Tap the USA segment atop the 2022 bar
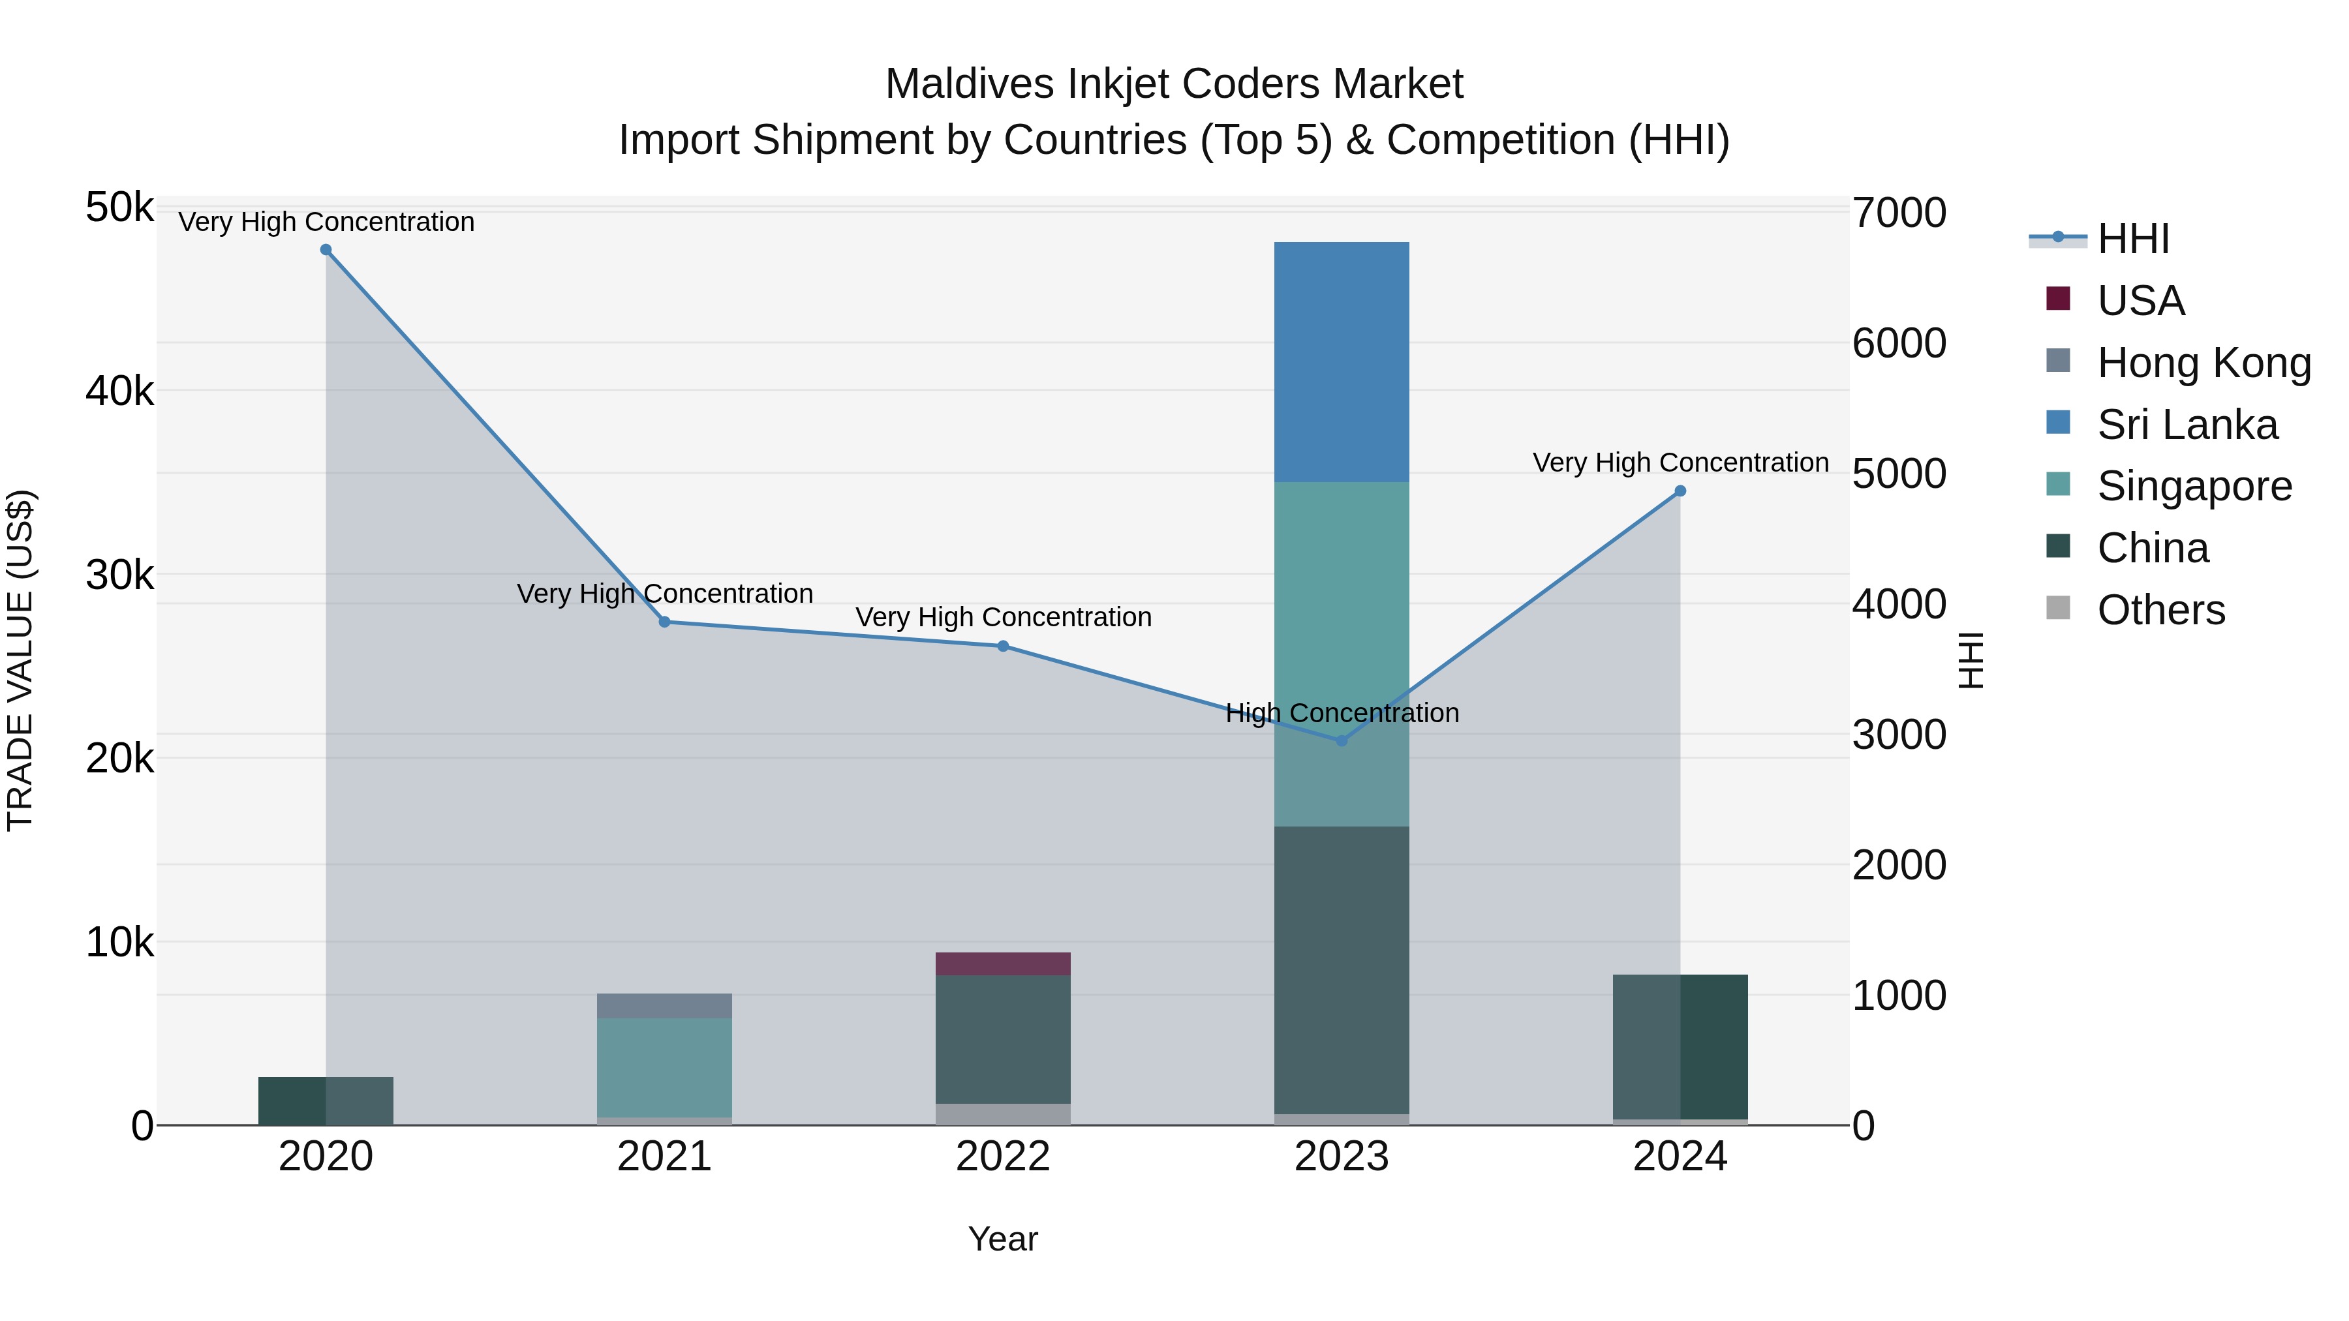[x=1002, y=964]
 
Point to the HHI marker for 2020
[x=326, y=250]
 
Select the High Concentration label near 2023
[x=1342, y=713]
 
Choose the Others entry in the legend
[x=2160, y=610]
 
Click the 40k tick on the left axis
[x=119, y=392]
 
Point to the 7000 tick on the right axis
[x=1899, y=213]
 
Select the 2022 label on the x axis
[x=1002, y=1157]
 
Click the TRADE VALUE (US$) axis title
[x=20, y=660]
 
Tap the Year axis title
[x=1002, y=1239]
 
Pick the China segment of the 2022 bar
[x=1002, y=1039]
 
